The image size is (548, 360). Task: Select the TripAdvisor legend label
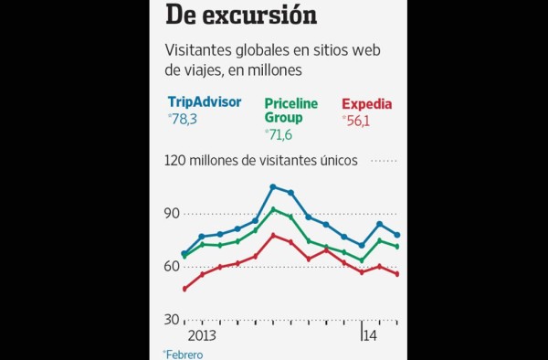pyautogui.click(x=205, y=102)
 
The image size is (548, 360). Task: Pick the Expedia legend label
pyautogui.click(x=366, y=103)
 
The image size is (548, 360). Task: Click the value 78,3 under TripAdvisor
pyautogui.click(x=184, y=119)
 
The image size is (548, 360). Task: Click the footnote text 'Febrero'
pyautogui.click(x=184, y=354)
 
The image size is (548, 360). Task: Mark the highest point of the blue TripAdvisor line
pyautogui.click(x=273, y=187)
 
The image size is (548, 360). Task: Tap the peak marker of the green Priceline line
pyautogui.click(x=273, y=209)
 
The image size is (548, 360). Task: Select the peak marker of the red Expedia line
pyautogui.click(x=273, y=236)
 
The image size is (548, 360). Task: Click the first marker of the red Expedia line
pyautogui.click(x=184, y=289)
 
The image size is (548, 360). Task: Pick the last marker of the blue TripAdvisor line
pyautogui.click(x=397, y=235)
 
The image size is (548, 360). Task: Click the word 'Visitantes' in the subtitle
pyautogui.click(x=198, y=51)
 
